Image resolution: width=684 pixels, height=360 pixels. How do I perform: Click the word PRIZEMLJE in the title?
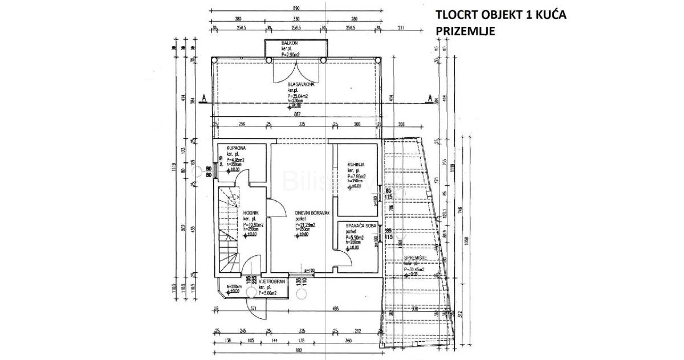pyautogui.click(x=464, y=31)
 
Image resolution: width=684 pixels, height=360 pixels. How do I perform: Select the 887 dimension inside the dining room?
pyautogui.click(x=298, y=114)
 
